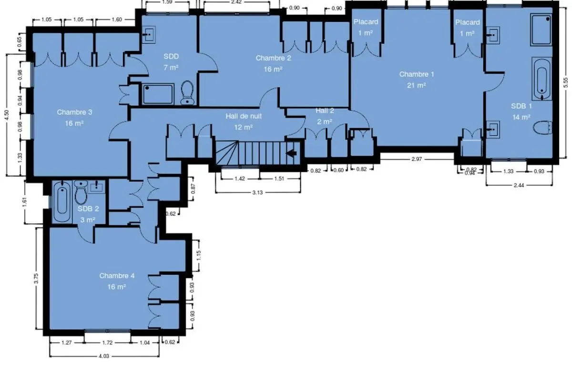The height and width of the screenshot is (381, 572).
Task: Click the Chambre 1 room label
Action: (x=417, y=74)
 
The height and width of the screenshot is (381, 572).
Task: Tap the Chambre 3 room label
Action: (x=74, y=112)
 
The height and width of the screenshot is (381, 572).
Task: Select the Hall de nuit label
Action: (x=244, y=116)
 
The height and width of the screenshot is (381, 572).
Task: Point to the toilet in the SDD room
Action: (x=187, y=92)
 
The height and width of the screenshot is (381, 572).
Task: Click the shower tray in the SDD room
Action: (x=158, y=94)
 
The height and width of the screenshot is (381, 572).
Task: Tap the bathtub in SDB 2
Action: (x=62, y=201)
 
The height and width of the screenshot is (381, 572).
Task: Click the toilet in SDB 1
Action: (x=542, y=127)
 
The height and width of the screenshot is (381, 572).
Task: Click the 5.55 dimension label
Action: (x=566, y=83)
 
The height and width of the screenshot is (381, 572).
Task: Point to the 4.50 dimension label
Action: (x=7, y=115)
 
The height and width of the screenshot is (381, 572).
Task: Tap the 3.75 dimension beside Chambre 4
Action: (x=36, y=279)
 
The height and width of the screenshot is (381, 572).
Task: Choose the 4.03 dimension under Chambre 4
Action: (x=104, y=356)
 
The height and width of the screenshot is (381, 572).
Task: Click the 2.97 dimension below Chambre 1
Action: (x=417, y=159)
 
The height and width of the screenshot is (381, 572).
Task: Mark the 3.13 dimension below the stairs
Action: (x=257, y=192)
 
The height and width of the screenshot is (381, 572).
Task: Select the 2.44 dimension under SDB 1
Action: (x=519, y=185)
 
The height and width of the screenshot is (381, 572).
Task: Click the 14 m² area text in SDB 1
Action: (x=521, y=117)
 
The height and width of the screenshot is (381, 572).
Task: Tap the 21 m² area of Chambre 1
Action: (x=417, y=85)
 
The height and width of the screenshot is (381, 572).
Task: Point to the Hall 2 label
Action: (x=325, y=111)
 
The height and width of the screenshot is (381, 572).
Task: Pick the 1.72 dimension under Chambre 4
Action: (x=107, y=343)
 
